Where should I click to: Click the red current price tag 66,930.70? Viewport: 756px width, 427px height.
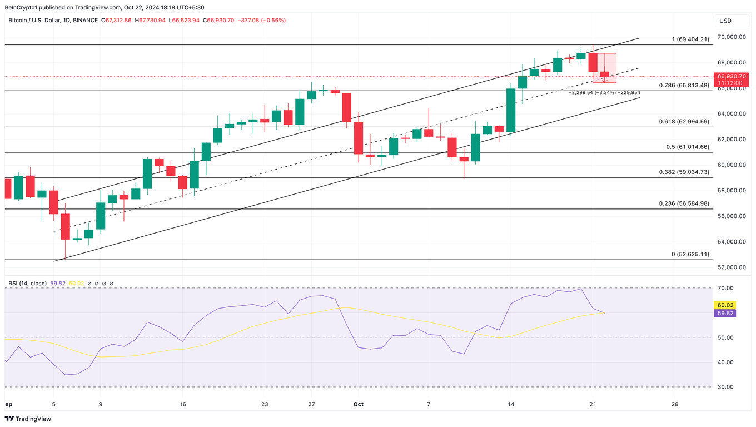click(x=732, y=76)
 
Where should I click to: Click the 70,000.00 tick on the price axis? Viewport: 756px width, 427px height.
click(x=731, y=37)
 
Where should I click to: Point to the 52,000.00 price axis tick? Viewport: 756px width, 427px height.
click(x=731, y=267)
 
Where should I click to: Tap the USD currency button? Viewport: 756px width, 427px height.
click(x=725, y=21)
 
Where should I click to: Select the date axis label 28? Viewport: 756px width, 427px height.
click(x=674, y=404)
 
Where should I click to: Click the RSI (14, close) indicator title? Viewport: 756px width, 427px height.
click(x=28, y=284)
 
